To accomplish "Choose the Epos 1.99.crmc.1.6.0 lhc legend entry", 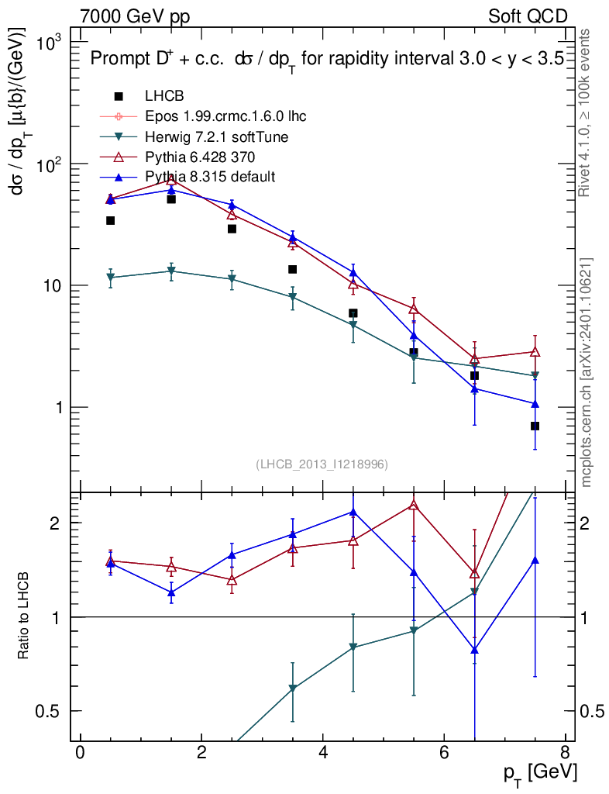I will [225, 116].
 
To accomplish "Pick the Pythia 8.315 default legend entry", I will [210, 177].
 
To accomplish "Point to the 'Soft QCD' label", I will [528, 16].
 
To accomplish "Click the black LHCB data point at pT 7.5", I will [535, 426].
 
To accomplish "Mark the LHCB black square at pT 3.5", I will [292, 269].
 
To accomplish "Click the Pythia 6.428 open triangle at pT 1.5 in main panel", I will [171, 179].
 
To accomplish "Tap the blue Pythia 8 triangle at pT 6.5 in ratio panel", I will [474, 650].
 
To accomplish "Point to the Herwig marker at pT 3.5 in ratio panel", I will [292, 688].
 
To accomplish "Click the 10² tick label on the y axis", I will [53, 165].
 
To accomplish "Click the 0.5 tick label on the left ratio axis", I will [57, 711].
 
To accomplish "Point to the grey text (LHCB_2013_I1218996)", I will [322, 464].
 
